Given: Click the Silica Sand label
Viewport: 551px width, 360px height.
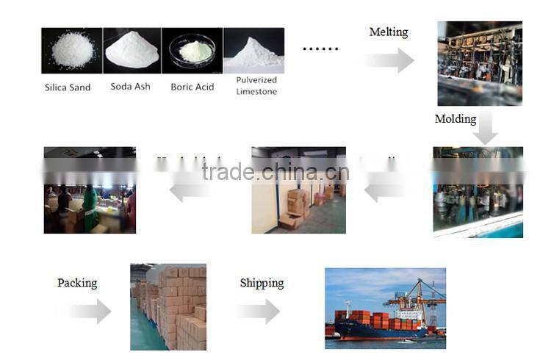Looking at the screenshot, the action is (68, 87).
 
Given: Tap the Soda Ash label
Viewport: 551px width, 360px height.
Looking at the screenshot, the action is (130, 87).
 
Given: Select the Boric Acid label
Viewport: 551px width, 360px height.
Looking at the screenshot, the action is (192, 87).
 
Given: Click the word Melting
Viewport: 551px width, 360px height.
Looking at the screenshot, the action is (388, 32).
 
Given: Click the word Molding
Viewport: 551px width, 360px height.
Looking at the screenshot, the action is (455, 119).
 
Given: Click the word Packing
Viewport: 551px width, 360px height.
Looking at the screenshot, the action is (77, 283).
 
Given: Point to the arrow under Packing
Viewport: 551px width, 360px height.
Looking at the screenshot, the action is (87, 311).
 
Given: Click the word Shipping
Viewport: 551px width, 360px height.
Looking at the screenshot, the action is (262, 283).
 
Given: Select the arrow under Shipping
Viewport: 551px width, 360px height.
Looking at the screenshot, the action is (259, 311).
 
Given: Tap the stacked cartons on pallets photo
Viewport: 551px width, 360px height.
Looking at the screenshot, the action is (168, 306).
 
